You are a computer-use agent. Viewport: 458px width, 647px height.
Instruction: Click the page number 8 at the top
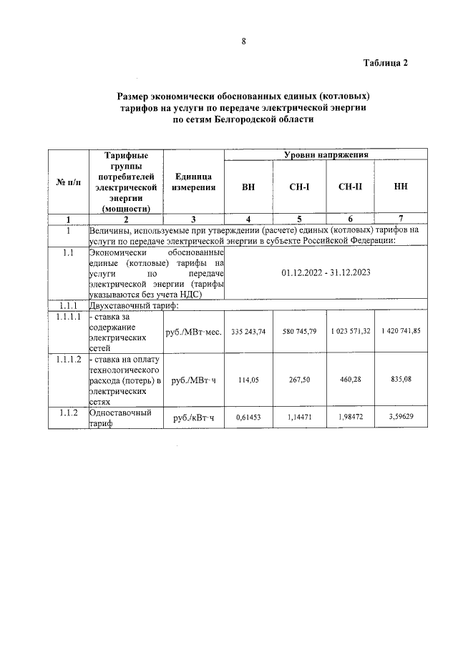pyautogui.click(x=243, y=41)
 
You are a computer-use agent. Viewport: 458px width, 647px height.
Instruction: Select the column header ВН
pyautogui.click(x=248, y=187)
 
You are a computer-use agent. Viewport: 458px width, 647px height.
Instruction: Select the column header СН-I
pyautogui.click(x=298, y=187)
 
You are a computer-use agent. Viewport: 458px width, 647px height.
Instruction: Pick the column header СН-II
pyautogui.click(x=351, y=187)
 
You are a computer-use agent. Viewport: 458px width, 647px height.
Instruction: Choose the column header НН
pyautogui.click(x=401, y=187)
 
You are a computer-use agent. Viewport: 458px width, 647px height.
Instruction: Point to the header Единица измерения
pyautogui.click(x=193, y=182)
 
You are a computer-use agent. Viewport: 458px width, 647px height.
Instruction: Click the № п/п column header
pyautogui.click(x=68, y=182)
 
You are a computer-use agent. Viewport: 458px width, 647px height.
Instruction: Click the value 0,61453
pyautogui.click(x=249, y=417)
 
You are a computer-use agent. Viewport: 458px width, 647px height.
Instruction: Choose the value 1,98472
pyautogui.click(x=351, y=417)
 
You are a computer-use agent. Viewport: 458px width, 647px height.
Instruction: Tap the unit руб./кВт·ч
pyautogui.click(x=193, y=418)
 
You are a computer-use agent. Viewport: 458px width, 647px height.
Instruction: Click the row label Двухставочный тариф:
pyautogui.click(x=133, y=305)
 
